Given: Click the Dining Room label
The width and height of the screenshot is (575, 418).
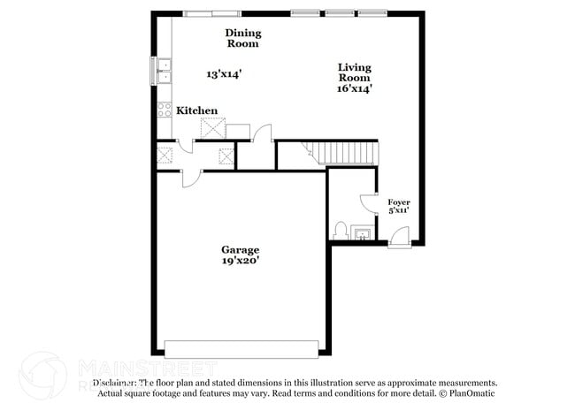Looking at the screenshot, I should click(242, 38).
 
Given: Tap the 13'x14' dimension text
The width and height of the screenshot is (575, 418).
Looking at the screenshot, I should click(224, 74).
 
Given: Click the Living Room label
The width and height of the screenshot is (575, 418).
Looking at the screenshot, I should click(354, 72).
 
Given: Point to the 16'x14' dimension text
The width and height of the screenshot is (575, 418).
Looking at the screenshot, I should click(354, 87).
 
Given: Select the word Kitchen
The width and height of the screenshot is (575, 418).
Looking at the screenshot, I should click(196, 110).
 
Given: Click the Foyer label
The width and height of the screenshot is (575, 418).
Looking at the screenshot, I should click(399, 202).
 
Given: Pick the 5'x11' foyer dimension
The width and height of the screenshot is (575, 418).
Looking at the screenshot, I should click(399, 212).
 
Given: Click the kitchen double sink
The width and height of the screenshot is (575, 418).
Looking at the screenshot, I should click(165, 71).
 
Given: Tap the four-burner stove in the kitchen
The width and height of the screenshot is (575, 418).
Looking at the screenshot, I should click(165, 110).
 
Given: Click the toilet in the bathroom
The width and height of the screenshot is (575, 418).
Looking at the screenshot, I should click(341, 232).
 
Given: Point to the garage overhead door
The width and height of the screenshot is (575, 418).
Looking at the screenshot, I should click(241, 349).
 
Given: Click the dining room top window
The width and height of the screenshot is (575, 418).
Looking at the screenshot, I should click(211, 12).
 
